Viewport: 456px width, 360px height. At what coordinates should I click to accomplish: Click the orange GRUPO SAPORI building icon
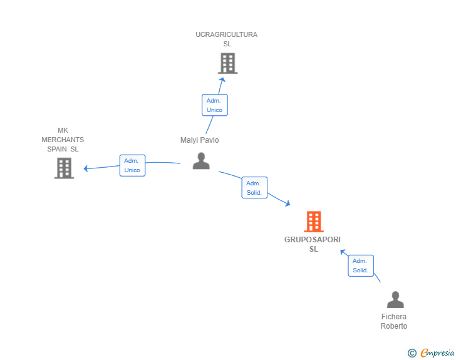(314, 221)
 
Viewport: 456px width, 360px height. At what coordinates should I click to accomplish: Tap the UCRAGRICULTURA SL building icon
(228, 63)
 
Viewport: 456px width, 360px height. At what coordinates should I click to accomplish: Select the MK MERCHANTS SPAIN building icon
(64, 168)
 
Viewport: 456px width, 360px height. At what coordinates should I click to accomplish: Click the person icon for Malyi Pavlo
(201, 161)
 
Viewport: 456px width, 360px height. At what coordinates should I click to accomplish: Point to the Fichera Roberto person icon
(395, 299)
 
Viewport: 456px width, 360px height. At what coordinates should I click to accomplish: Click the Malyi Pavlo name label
(199, 140)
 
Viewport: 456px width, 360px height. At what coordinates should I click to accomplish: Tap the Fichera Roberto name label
(394, 321)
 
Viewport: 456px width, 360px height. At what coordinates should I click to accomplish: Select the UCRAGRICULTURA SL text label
(227, 39)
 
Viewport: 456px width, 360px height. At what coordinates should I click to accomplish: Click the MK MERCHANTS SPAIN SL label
(63, 140)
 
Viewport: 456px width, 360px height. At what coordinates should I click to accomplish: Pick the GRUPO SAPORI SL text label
(313, 244)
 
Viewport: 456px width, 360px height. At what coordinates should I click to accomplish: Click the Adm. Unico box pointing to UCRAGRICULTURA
(215, 105)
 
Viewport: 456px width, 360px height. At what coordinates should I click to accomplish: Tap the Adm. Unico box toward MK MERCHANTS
(132, 165)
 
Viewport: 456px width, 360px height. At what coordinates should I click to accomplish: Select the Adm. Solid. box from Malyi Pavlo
(254, 188)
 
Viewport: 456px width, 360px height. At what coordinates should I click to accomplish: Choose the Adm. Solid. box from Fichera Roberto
(361, 265)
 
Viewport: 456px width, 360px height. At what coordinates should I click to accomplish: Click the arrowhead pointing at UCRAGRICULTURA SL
(222, 80)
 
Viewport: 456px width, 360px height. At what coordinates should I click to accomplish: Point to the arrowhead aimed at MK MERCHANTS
(86, 168)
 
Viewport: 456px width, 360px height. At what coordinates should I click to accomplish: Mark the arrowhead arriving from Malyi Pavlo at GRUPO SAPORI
(288, 203)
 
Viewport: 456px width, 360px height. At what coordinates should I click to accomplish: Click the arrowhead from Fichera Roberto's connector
(343, 252)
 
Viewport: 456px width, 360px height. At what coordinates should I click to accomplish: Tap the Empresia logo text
(437, 352)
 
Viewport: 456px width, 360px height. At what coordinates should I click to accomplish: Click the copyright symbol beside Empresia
(412, 353)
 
